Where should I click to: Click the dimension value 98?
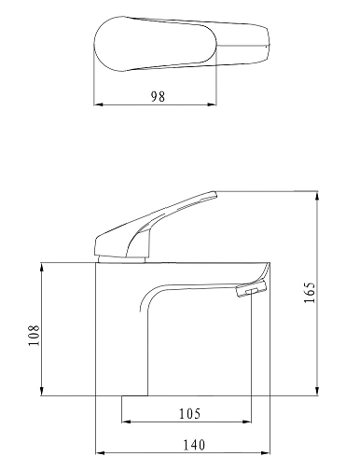point(158,96)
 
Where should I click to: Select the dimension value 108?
point(34,335)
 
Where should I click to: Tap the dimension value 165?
point(310,292)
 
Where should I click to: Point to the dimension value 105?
point(189,413)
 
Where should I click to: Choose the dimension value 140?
point(194,445)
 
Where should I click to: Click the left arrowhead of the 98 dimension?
point(98,104)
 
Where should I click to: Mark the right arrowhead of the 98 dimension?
point(212,104)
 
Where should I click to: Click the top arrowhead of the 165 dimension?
point(317,196)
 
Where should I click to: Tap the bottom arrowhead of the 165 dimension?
point(317,391)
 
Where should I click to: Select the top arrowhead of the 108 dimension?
point(42,268)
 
